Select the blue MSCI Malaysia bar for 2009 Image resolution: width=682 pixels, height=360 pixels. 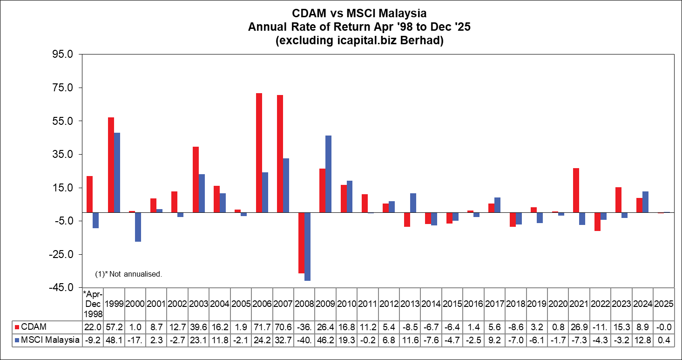pyautogui.click(x=329, y=174)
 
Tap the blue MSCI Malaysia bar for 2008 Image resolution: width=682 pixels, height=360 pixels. pyautogui.click(x=307, y=246)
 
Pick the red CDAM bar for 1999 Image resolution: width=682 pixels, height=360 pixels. pyautogui.click(x=111, y=165)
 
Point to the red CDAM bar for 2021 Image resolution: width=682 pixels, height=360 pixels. pyautogui.click(x=576, y=190)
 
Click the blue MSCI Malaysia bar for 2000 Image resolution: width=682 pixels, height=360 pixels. pyautogui.click(x=138, y=227)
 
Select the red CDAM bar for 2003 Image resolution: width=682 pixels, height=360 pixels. pyautogui.click(x=196, y=179)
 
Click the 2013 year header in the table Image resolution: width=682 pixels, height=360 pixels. pyautogui.click(x=410, y=304)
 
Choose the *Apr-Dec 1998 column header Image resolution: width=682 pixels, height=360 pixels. pyautogui.click(x=92, y=304)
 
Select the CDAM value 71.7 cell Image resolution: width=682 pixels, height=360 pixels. pyautogui.click(x=262, y=327)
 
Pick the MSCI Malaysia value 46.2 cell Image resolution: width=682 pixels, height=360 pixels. pyautogui.click(x=325, y=340)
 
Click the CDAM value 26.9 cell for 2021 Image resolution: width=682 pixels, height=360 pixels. pyautogui.click(x=579, y=327)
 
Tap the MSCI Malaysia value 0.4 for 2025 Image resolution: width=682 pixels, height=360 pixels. pyautogui.click(x=663, y=340)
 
